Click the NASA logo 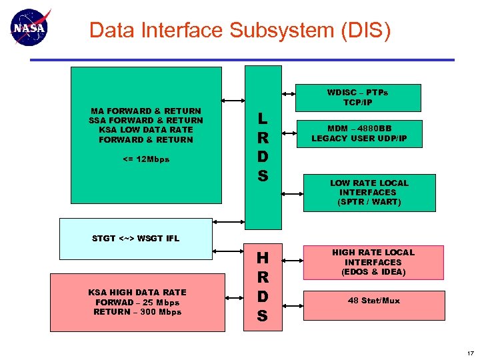point(29,29)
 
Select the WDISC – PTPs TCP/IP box point(358,97)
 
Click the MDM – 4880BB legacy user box point(359,133)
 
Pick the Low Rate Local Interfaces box point(369,192)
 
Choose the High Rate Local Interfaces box point(373,262)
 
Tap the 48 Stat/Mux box point(373,301)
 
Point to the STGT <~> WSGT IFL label point(135,238)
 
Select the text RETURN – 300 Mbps point(137,312)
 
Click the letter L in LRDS point(263,119)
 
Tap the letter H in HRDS point(263,258)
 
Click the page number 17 point(470,353)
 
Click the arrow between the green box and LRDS point(233,101)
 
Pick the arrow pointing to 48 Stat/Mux point(292,301)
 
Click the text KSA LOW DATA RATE point(145,130)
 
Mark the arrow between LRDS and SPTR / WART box point(292,193)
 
